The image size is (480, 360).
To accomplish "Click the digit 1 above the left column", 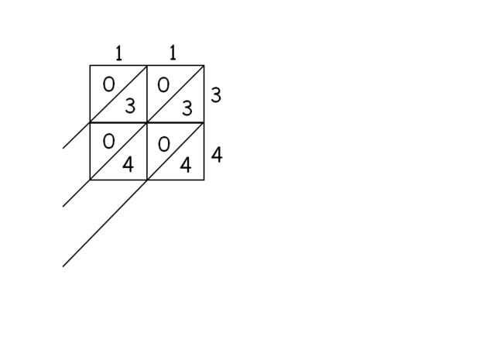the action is coord(118,53).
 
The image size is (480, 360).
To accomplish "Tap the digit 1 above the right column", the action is coord(173,53).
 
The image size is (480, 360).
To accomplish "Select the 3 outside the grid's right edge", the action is coord(216,95).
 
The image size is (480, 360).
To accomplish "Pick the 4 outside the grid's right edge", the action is coord(217,155).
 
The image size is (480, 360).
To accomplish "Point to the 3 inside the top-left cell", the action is coord(129,106).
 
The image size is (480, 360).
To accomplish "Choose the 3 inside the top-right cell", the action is coord(187,109).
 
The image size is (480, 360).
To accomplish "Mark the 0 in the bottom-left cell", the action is coord(108,142).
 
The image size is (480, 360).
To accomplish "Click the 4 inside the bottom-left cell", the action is coord(129,164).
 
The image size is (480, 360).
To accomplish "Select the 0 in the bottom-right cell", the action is coord(163,145).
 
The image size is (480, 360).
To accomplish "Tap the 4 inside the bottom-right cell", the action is coord(186,165).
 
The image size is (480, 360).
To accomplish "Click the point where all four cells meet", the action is coord(147,122).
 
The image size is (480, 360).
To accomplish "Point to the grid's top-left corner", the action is coord(90,65).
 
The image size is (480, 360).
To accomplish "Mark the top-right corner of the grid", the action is coord(204,65).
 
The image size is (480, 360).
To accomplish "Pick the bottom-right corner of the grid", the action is coord(204,180).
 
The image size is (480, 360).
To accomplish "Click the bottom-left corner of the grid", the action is coord(90,180).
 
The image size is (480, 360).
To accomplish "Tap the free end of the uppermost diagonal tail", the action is coord(63,148).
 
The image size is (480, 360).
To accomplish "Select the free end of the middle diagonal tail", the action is coord(63,207).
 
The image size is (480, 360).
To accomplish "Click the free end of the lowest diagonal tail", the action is coord(63,266).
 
